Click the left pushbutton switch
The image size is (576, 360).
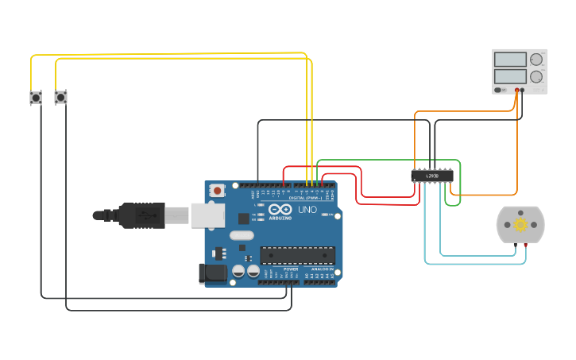36,98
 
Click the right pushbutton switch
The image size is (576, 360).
60,98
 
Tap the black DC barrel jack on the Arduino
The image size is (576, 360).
212,273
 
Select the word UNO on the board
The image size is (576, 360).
307,210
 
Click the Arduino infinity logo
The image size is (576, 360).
280,209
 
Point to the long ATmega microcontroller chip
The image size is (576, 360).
298,255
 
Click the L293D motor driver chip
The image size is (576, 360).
432,176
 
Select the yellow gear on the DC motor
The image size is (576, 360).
520,224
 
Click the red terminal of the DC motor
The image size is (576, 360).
525,245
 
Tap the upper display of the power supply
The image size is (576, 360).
510,60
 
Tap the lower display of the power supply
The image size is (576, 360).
510,77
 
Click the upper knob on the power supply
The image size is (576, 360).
536,60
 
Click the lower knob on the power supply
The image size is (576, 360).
536,77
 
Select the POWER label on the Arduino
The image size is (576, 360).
291,269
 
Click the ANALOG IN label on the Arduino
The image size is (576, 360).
323,269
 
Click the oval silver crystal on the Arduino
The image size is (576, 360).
242,235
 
